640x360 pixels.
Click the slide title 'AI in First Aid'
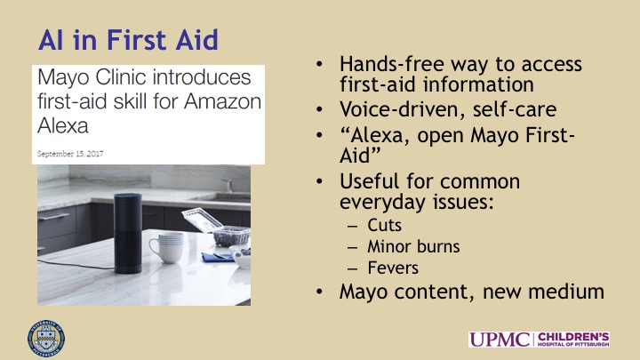tap(128, 40)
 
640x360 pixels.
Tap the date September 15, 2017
tap(70, 154)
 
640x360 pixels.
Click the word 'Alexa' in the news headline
tap(63, 125)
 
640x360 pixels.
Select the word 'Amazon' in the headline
tap(222, 101)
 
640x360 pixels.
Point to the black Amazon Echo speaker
tap(128, 233)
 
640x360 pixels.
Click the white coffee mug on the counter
tap(166, 246)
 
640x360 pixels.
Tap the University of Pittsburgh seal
tap(46, 339)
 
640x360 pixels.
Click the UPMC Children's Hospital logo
tap(540, 340)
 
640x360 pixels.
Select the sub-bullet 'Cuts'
tap(384, 225)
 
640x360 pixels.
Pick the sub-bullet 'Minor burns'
tap(413, 246)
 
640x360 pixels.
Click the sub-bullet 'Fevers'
tap(393, 268)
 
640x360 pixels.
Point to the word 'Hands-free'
tap(391, 64)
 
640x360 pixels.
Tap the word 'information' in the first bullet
tap(478, 84)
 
